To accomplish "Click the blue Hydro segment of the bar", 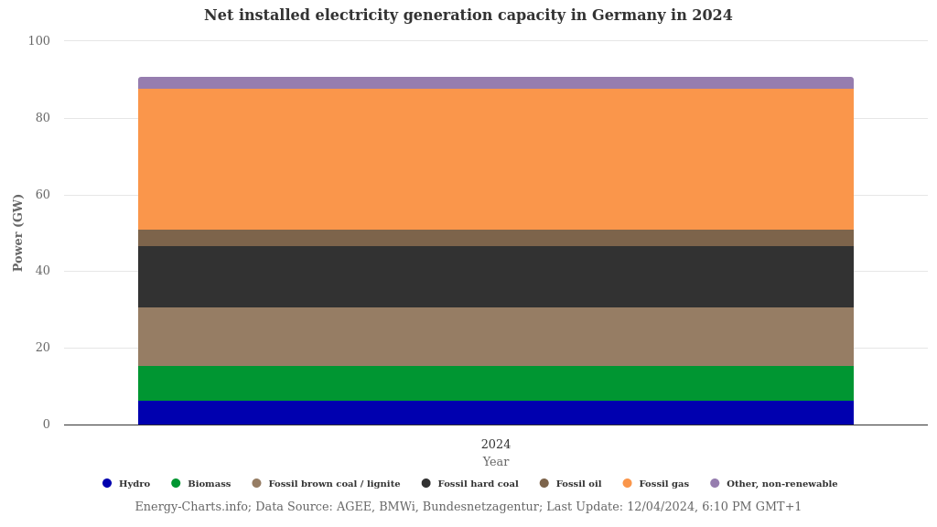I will click(x=495, y=413).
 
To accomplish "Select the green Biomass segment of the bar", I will click(x=495, y=383).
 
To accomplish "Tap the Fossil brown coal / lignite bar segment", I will click(x=495, y=337).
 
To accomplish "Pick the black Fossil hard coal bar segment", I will click(x=495, y=276).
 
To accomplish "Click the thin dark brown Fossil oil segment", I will click(x=495, y=238).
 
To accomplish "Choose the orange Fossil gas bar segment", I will click(x=495, y=159).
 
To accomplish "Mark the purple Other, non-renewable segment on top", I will click(x=495, y=83).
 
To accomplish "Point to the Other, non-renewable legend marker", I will click(x=715, y=484).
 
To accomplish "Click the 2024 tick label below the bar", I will click(x=496, y=445).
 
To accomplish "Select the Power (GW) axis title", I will click(x=18, y=232).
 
